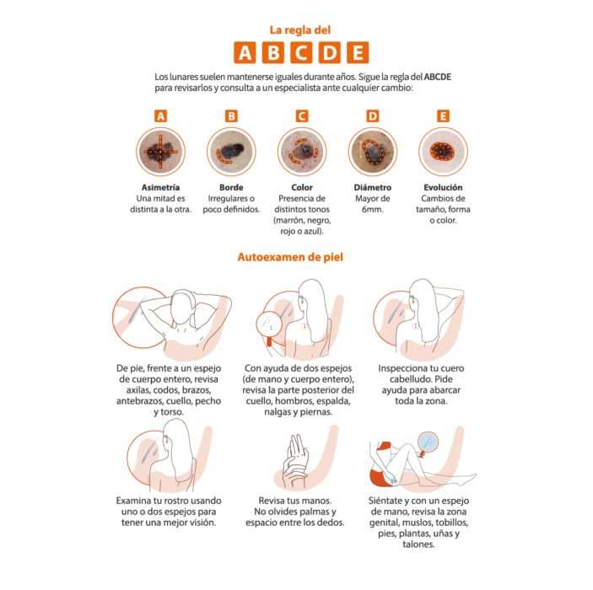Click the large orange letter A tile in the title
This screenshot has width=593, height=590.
[245, 52]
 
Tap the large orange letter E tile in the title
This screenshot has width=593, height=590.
[358, 52]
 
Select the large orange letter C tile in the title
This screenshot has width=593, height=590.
[301, 52]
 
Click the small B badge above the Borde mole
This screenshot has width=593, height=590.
[231, 116]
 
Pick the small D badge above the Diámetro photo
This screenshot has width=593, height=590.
[373, 116]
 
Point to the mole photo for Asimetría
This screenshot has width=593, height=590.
[161, 152]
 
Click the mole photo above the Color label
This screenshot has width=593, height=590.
[302, 152]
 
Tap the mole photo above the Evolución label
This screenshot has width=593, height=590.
[443, 152]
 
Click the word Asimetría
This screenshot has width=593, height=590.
[161, 187]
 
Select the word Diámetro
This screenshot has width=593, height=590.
[373, 187]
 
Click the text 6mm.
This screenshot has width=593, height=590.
[373, 209]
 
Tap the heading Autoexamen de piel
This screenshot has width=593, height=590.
[290, 257]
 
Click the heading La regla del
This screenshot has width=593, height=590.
[300, 30]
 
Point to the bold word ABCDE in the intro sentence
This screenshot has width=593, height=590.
[438, 77]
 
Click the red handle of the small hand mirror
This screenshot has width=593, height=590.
[269, 341]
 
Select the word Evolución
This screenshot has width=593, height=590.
[443, 187]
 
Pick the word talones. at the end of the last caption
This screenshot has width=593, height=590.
[418, 544]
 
